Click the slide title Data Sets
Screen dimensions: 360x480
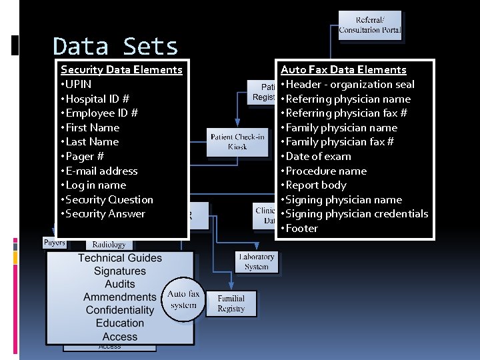pyautogui.click(x=115, y=47)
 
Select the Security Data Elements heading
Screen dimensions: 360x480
pyautogui.click(x=121, y=69)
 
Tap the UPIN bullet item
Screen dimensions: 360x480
pyautogui.click(x=76, y=84)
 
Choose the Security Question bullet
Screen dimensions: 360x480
pyautogui.click(x=107, y=199)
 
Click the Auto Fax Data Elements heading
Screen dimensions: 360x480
pyautogui.click(x=343, y=69)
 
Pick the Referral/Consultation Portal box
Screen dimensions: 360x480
pyautogui.click(x=370, y=25)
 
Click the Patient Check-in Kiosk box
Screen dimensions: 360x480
pyautogui.click(x=237, y=141)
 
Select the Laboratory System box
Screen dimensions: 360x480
pyautogui.click(x=257, y=261)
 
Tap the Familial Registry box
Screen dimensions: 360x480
pyautogui.click(x=231, y=303)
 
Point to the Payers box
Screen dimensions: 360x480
pyautogui.click(x=54, y=243)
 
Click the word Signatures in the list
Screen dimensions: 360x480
pyautogui.click(x=120, y=271)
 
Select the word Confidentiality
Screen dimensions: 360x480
pyautogui.click(x=120, y=310)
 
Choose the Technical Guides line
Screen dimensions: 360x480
pyautogui.click(x=120, y=258)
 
